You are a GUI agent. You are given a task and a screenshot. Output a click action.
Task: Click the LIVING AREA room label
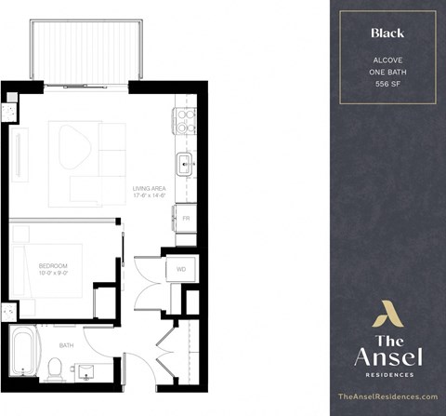coord(149,187)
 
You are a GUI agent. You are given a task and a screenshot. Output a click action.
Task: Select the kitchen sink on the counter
coord(185,166)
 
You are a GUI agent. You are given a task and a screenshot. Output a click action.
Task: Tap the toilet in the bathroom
coord(55,370)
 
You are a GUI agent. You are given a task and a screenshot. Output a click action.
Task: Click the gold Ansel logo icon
coord(387,314)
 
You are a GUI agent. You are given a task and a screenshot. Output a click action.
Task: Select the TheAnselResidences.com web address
coord(388,396)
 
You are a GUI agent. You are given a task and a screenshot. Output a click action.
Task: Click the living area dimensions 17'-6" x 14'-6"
coord(149,195)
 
